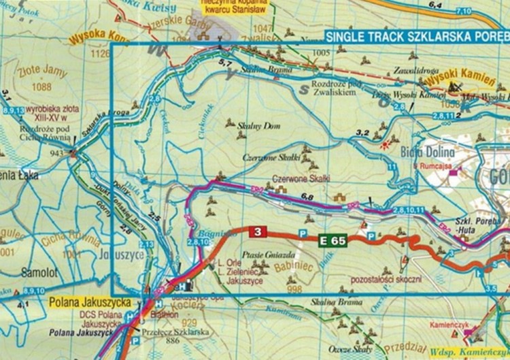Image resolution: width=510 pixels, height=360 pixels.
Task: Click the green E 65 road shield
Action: (x=333, y=240)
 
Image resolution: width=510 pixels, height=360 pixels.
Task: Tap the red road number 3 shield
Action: (x=257, y=233)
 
